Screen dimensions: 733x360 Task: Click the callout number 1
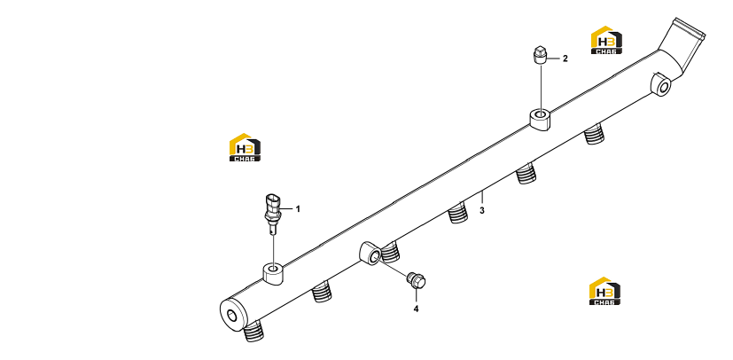click(298, 209)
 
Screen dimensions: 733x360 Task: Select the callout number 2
click(565, 59)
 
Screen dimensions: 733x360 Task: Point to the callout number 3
click(482, 210)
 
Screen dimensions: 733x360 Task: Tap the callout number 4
click(416, 309)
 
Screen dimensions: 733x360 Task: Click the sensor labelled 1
click(272, 213)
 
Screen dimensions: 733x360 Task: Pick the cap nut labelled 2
click(540, 55)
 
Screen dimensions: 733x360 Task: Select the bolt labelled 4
click(416, 279)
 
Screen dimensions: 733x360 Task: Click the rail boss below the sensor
click(273, 273)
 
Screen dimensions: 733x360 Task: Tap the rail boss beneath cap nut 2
click(540, 119)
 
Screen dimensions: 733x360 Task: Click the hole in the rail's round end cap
click(232, 316)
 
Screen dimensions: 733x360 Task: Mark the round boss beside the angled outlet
click(661, 84)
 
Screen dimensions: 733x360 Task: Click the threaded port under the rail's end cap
click(253, 332)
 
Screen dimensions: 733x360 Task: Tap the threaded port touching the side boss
click(390, 252)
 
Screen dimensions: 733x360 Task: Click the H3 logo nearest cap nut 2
click(606, 40)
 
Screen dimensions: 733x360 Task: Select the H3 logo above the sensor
click(245, 147)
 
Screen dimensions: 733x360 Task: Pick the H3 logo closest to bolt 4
click(604, 291)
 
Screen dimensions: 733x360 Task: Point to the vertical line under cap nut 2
click(541, 87)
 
